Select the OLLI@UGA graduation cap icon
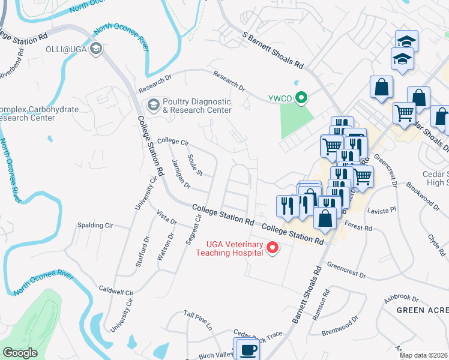(x=95, y=49)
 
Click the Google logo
(x=20, y=353)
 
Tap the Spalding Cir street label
(x=95, y=226)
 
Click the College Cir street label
(x=173, y=142)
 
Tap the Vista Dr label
(x=166, y=217)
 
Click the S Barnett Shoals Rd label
(x=273, y=51)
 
